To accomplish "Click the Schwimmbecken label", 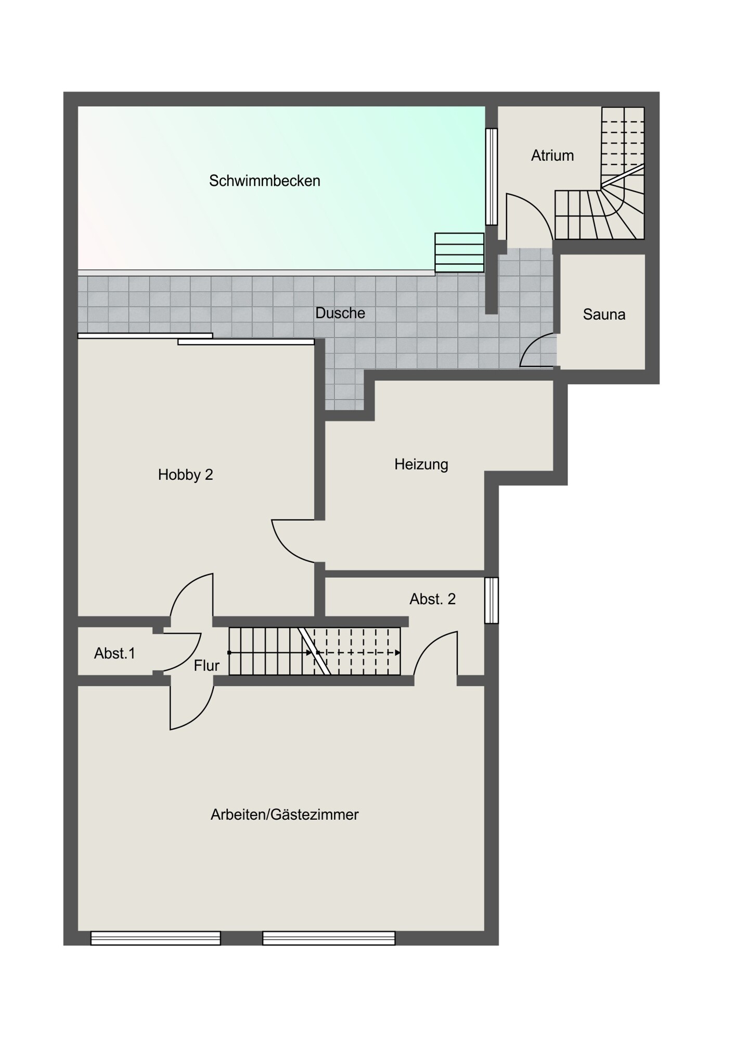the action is pyautogui.click(x=264, y=181).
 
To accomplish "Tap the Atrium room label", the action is pyautogui.click(x=552, y=156).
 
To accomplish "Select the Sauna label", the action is pyautogui.click(x=604, y=314).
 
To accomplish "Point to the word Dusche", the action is pyautogui.click(x=340, y=313).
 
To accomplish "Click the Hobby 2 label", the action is pyautogui.click(x=186, y=475).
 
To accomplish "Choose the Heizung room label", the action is pyautogui.click(x=421, y=464).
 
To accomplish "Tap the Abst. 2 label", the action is pyautogui.click(x=433, y=599).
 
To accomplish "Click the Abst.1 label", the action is pyautogui.click(x=115, y=653).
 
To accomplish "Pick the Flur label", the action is pyautogui.click(x=207, y=665).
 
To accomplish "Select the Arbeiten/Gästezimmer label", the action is pyautogui.click(x=285, y=815).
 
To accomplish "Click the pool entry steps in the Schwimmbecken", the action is pyautogui.click(x=459, y=252).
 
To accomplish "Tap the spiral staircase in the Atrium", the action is pyautogui.click(x=600, y=173).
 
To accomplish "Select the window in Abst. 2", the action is pyautogui.click(x=492, y=600).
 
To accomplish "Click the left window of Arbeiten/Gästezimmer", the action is pyautogui.click(x=156, y=938).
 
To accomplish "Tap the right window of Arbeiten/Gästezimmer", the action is pyautogui.click(x=329, y=938).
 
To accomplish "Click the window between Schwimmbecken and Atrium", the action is pyautogui.click(x=491, y=176).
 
